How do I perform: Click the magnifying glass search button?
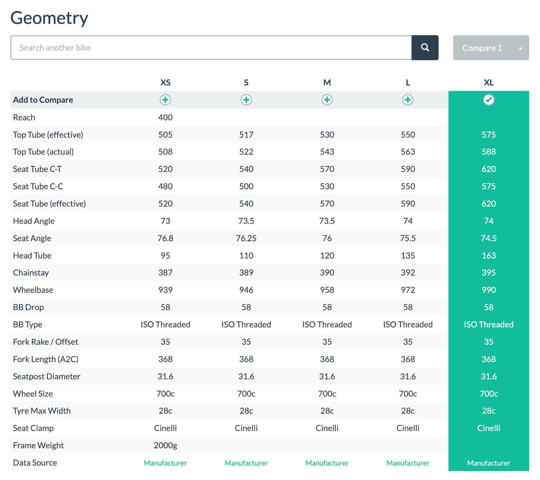pyautogui.click(x=424, y=48)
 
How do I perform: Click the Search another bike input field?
pyautogui.click(x=211, y=48)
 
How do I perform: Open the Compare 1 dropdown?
pyautogui.click(x=491, y=48)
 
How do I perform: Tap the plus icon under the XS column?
pyautogui.click(x=165, y=100)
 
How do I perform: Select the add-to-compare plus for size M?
pyautogui.click(x=327, y=100)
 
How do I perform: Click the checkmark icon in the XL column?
pyautogui.click(x=488, y=100)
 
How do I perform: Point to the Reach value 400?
pyautogui.click(x=165, y=117)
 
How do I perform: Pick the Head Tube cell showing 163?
pyautogui.click(x=488, y=255)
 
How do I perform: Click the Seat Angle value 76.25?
pyautogui.click(x=246, y=238)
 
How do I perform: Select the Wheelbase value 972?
pyautogui.click(x=408, y=290)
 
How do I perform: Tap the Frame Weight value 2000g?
pyautogui.click(x=165, y=445)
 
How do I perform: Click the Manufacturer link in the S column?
pyautogui.click(x=246, y=463)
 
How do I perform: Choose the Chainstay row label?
pyautogui.click(x=31, y=273)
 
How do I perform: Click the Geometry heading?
pyautogui.click(x=49, y=18)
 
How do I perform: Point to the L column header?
pyautogui.click(x=408, y=82)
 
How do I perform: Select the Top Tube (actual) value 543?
pyautogui.click(x=327, y=152)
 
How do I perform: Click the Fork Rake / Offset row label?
pyautogui.click(x=46, y=342)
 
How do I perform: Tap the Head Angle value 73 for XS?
pyautogui.click(x=165, y=221)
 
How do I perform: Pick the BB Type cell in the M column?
pyautogui.click(x=327, y=325)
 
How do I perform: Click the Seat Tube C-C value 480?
pyautogui.click(x=165, y=186)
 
